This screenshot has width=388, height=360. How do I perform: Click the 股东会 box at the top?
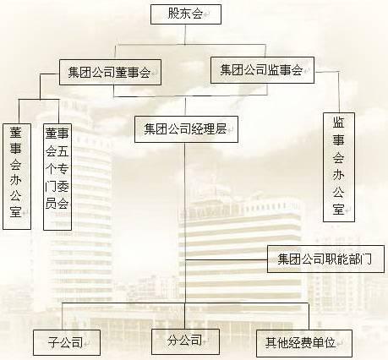pos(186,14)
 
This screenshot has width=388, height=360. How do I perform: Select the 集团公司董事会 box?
pos(110,72)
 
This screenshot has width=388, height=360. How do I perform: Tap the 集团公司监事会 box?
pos(262,70)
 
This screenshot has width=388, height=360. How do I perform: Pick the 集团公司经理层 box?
pos(186,129)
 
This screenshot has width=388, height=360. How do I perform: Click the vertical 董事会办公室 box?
pos(17,177)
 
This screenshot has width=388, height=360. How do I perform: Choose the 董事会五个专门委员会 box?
pos(57,177)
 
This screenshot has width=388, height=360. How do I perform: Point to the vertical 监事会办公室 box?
pos(339,167)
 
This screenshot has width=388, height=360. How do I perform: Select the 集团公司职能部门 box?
pos(325,259)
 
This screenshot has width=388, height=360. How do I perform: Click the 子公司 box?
pos(67,342)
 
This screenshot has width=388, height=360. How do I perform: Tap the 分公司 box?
pos(185,341)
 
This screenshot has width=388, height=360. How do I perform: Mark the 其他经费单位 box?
pos(304,343)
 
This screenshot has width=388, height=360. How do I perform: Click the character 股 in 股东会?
pos(174,14)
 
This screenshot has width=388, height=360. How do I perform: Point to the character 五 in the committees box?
pos(63,151)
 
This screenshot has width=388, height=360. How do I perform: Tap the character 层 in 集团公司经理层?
pos(221,129)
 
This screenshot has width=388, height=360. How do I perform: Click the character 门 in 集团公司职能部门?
pos(366,259)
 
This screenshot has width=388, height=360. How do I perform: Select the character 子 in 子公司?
pos(53,342)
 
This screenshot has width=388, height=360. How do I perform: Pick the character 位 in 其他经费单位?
pos(330,343)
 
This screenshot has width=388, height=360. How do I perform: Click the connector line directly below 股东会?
pos(185,35)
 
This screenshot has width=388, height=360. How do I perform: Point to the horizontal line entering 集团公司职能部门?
pos(227,259)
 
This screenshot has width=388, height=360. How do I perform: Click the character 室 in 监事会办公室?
pos(338,210)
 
